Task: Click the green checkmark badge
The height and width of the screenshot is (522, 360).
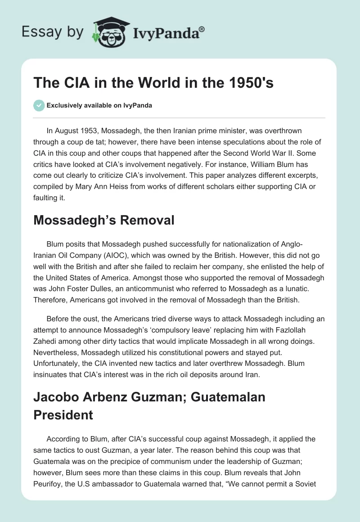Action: pos(38,106)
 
